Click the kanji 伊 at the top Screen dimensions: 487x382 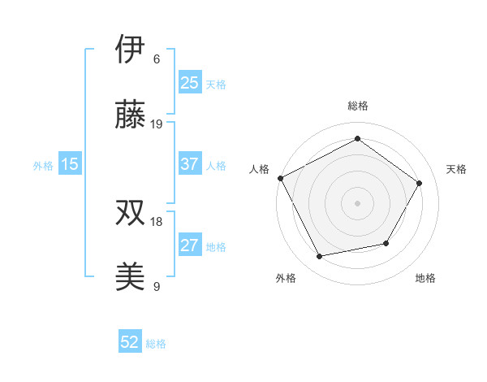[x=131, y=50]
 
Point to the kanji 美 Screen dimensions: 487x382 [x=131, y=277]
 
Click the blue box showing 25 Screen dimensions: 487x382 [x=189, y=83]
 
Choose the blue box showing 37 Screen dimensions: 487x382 [x=189, y=164]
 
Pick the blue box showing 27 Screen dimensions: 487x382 [x=189, y=245]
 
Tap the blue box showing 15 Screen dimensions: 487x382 [x=69, y=164]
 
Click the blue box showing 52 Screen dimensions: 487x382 [x=130, y=342]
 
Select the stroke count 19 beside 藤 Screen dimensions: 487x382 [x=157, y=124]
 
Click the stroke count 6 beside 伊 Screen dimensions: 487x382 [x=157, y=59]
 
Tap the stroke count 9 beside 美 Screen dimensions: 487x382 [x=157, y=287]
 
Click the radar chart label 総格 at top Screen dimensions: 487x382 [x=358, y=106]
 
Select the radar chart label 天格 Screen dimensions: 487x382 [x=456, y=169]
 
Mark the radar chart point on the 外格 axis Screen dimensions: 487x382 [x=320, y=257]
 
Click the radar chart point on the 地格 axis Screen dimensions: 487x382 [x=386, y=243]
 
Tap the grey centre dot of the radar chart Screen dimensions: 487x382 [x=357, y=202]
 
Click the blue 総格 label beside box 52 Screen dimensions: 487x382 [x=156, y=344]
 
